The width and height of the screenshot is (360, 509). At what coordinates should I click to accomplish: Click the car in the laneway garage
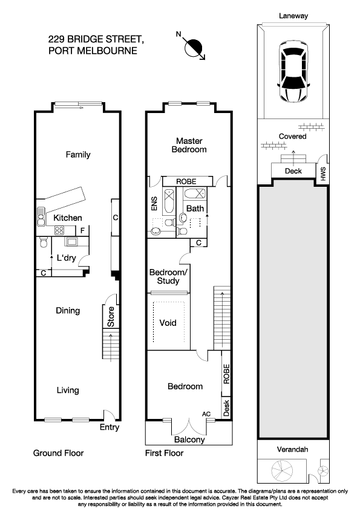click(x=293, y=71)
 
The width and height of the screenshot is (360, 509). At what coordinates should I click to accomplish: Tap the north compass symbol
click(x=193, y=47)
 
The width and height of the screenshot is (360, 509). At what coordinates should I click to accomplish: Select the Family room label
click(x=78, y=155)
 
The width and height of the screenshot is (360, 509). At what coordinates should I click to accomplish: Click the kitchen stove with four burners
click(x=59, y=230)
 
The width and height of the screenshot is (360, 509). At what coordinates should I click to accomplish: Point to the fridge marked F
click(x=82, y=230)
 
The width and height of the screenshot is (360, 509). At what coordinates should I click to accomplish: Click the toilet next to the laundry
click(x=44, y=242)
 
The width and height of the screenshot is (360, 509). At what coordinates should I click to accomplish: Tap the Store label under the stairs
click(x=111, y=317)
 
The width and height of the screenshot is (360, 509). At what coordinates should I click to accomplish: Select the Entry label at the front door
click(x=110, y=427)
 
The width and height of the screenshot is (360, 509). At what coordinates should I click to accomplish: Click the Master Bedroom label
click(x=189, y=145)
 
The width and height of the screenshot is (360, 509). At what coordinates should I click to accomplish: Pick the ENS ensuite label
click(x=154, y=204)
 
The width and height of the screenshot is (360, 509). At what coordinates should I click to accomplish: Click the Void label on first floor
click(x=168, y=323)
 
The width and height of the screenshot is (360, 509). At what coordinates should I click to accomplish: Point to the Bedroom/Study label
click(x=168, y=276)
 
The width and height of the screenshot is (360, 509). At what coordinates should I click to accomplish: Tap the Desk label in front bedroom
click(x=226, y=408)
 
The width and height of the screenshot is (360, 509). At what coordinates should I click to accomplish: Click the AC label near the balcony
click(x=206, y=414)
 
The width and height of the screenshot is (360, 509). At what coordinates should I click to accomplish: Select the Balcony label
click(x=189, y=439)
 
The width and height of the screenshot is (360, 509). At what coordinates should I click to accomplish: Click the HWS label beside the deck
click(x=322, y=174)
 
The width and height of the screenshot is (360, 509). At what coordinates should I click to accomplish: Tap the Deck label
click(x=293, y=170)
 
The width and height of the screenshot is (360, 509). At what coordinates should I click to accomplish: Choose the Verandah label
click(x=292, y=449)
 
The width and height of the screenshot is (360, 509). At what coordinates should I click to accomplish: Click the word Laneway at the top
click(x=293, y=16)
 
